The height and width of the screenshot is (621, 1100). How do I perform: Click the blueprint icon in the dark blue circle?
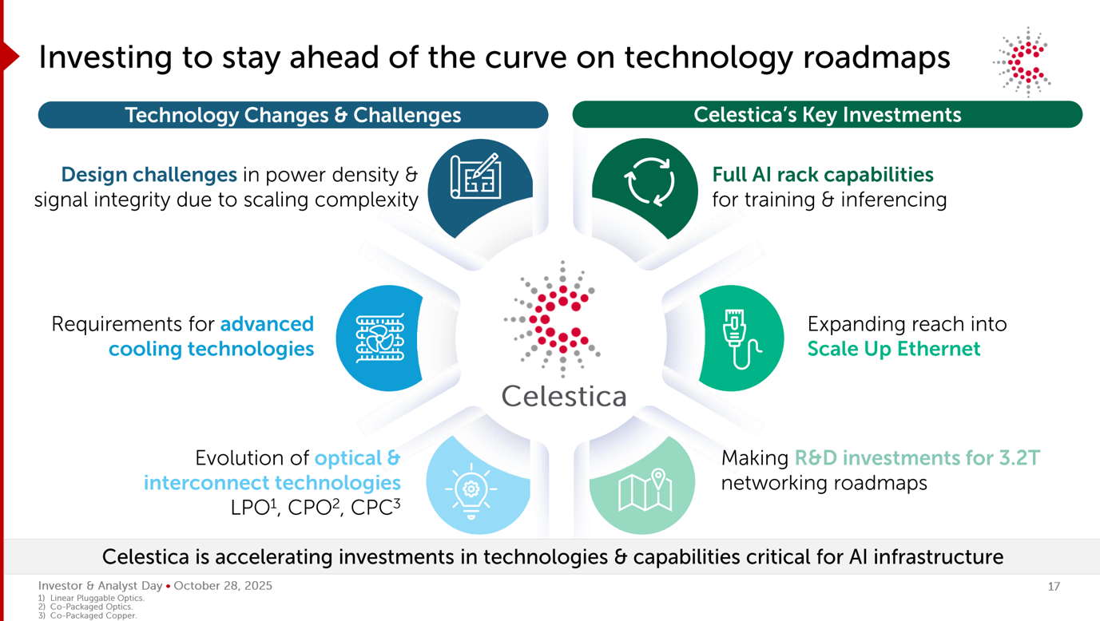point(475,176)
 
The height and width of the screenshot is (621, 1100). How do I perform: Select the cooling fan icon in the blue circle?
point(379,338)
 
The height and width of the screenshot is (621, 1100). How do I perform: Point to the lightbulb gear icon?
point(471,491)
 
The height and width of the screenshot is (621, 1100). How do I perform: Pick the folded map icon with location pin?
point(645,489)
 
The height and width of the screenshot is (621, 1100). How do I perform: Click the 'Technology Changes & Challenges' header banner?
point(293,115)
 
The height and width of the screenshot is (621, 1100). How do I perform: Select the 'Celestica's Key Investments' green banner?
point(828,115)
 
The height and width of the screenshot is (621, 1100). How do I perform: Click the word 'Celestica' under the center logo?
point(564,397)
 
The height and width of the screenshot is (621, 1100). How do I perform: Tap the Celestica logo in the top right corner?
point(1023,62)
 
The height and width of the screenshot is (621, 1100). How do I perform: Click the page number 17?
point(1054,587)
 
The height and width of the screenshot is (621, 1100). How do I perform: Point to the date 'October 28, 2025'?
point(223,586)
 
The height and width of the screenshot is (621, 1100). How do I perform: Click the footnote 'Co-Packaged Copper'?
point(93,615)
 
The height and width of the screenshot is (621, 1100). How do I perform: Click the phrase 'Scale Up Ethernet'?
point(894,350)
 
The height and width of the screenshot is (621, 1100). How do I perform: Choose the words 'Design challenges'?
point(149,175)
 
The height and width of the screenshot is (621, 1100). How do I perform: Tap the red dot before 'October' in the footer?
point(168,586)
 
